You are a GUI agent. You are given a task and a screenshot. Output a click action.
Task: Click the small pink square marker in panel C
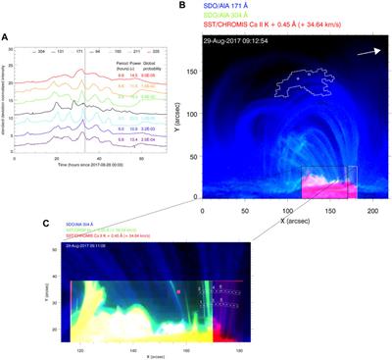click(x=179, y=291)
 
